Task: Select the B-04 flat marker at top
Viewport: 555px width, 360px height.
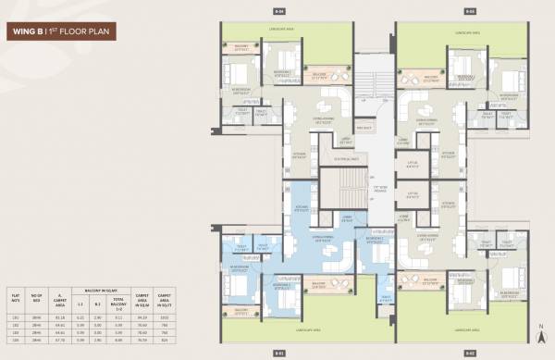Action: (x=279, y=11)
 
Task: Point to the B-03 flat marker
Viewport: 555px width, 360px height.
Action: (x=470, y=11)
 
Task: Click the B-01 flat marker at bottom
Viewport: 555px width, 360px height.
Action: (x=278, y=353)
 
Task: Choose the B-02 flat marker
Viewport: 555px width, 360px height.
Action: (x=470, y=353)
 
